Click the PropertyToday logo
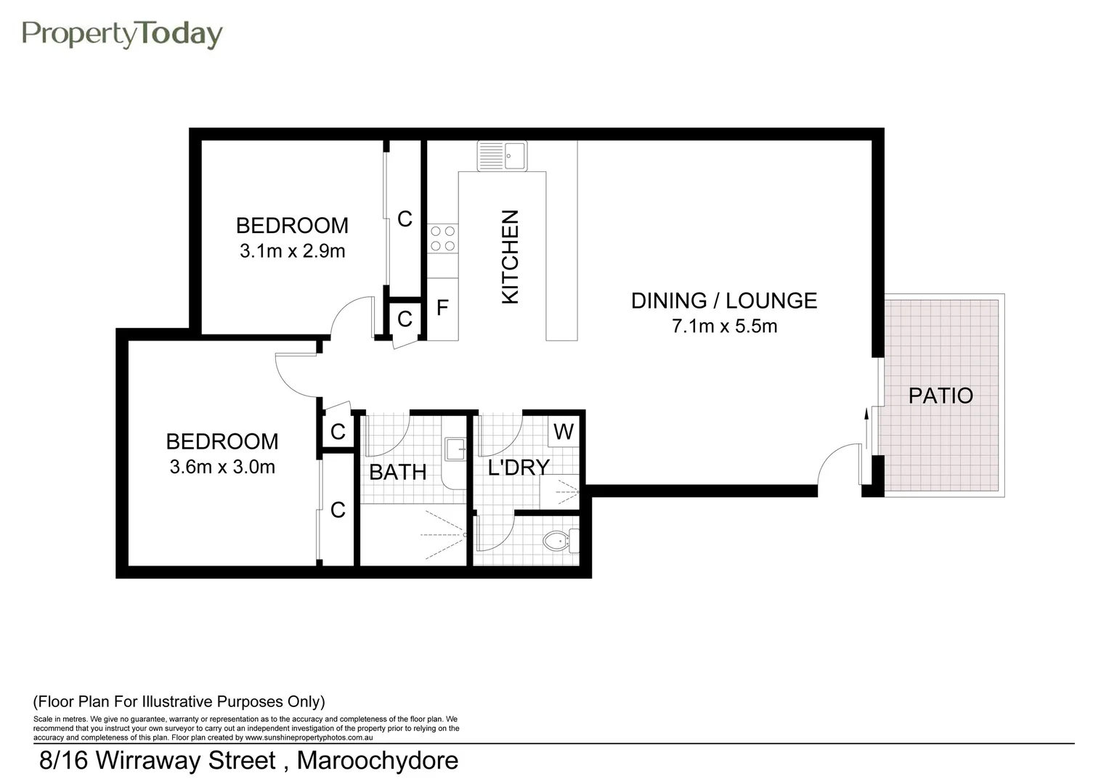pos(122,34)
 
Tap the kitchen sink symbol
pos(502,156)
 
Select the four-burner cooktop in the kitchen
pos(442,238)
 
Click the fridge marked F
pos(442,309)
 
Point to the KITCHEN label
pos(511,257)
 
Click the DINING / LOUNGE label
pos(723,301)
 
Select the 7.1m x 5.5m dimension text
pos(724,327)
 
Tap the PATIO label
pos(941,396)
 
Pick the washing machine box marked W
pos(564,432)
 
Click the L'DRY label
pos(518,467)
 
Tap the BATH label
pos(397,473)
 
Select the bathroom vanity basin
pos(455,450)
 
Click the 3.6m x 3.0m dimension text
pos(222,467)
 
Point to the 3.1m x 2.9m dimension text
pos(292,252)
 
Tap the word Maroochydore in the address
pos(378,761)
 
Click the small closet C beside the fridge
pos(405,319)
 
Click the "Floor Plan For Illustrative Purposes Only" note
pos(179,702)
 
